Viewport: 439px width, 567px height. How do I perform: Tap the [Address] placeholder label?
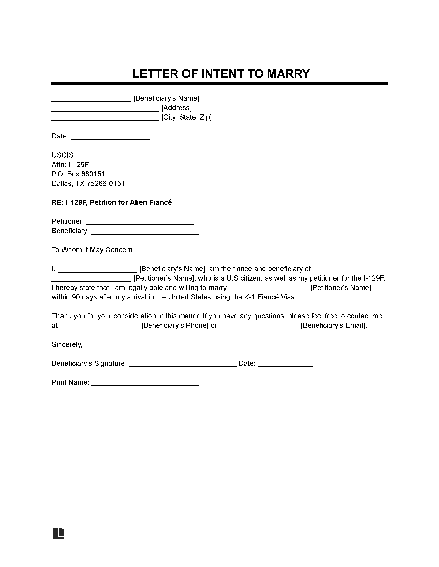point(176,108)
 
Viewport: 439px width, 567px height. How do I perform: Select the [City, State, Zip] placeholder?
point(186,117)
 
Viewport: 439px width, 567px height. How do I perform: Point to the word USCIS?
point(63,155)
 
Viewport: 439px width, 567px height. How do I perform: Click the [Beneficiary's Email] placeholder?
point(334,326)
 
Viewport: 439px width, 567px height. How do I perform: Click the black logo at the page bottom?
point(58,534)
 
